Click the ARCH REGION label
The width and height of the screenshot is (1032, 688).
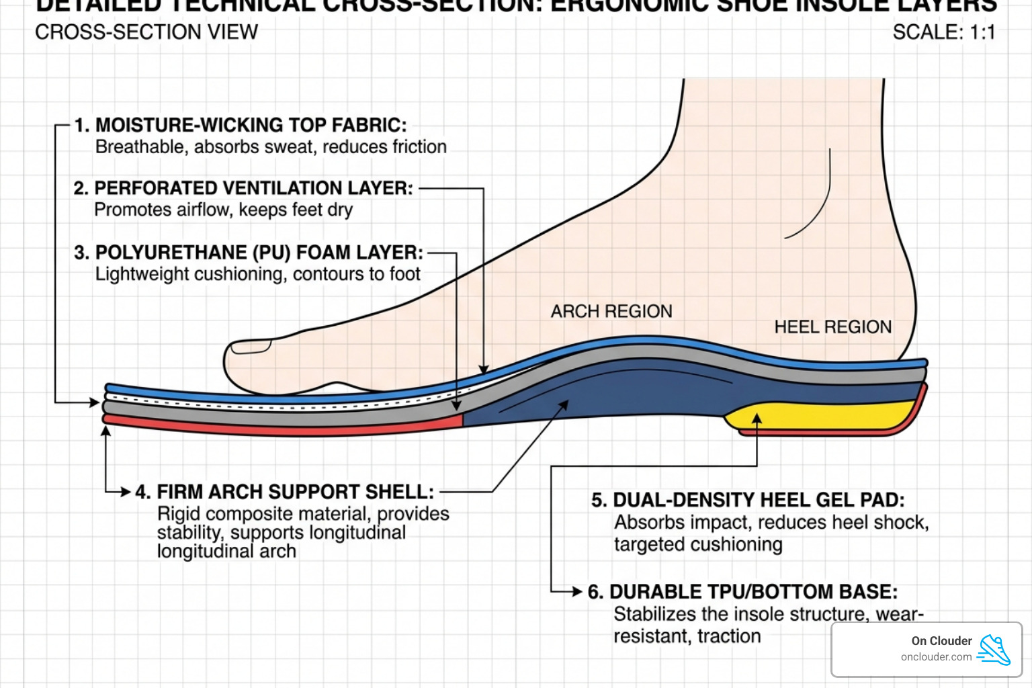pos(611,312)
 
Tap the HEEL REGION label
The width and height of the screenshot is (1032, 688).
pos(832,327)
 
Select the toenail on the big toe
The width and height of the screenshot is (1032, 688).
pos(251,347)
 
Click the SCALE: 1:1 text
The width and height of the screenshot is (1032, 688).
pos(943,32)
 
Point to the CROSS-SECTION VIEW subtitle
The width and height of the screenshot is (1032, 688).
pos(146,32)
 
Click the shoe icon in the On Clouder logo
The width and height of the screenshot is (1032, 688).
pos(994,650)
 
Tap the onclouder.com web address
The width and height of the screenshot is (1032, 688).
pos(936,657)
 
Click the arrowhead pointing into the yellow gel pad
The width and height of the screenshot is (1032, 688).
pos(757,419)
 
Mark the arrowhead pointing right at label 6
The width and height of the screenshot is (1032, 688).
pos(576,592)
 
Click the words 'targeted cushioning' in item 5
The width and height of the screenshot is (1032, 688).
pos(698,544)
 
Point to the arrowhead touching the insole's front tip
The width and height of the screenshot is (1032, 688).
pos(95,402)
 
